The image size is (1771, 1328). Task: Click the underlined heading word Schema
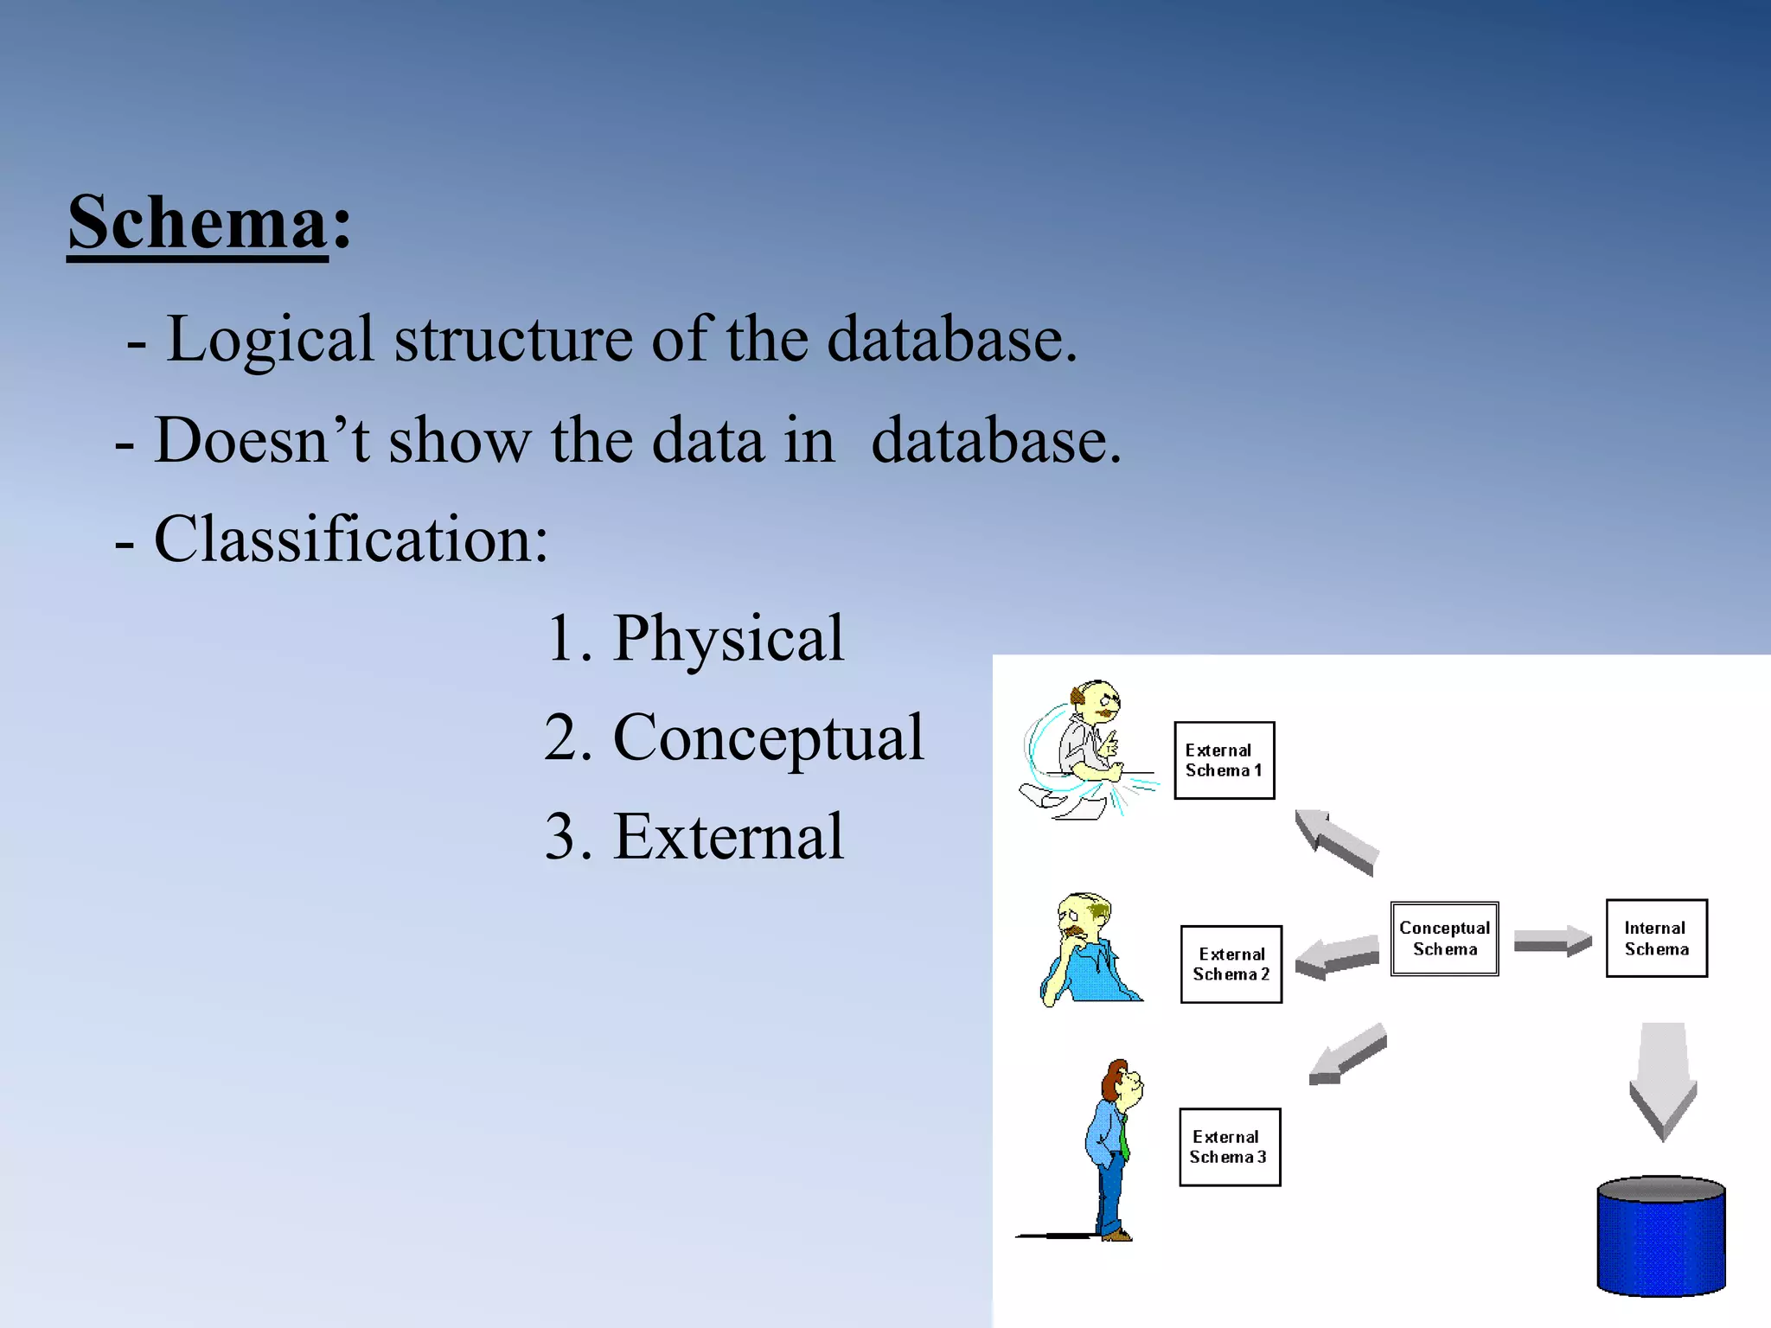tap(198, 224)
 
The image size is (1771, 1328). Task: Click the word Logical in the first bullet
tap(269, 340)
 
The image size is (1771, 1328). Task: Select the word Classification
tap(350, 539)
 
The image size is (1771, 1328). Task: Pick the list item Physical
tap(727, 639)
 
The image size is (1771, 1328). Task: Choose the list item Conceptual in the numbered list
tap(768, 738)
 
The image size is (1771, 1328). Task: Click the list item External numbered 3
tap(727, 837)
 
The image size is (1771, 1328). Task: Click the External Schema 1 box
tap(1224, 761)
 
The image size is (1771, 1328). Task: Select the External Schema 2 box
tap(1231, 964)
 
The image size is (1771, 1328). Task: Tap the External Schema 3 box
tap(1229, 1146)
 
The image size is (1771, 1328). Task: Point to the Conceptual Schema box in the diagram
tap(1444, 939)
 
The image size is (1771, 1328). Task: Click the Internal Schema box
tap(1656, 939)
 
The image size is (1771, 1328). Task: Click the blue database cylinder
tap(1660, 1236)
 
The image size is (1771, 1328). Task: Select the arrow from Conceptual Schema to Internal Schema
tap(1552, 941)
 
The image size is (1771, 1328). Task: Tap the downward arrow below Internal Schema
tap(1662, 1081)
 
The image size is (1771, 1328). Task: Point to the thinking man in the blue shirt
tap(1090, 951)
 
